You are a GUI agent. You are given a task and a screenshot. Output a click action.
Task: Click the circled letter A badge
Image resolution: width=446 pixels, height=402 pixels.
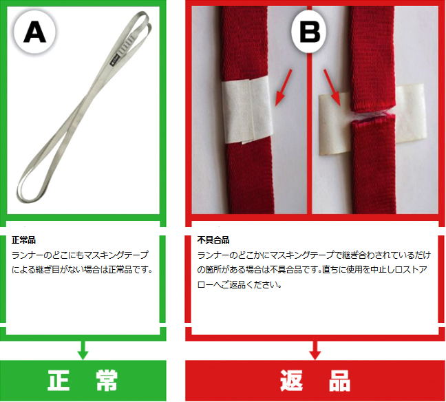coord(34,32)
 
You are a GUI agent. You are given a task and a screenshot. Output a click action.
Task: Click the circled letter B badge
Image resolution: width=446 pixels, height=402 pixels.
coord(310,32)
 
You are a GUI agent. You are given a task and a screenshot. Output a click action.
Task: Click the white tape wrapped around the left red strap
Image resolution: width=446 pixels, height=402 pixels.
coord(247,109)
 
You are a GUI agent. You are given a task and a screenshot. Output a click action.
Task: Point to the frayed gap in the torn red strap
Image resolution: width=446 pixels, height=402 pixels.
coord(372,116)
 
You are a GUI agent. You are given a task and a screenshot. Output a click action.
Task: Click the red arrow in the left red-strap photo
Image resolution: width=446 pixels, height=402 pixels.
coord(284,87)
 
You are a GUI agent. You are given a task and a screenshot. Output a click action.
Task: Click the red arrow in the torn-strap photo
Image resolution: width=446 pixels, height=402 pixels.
coord(332,87)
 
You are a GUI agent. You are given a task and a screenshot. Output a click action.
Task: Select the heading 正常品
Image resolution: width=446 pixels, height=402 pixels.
coord(23,240)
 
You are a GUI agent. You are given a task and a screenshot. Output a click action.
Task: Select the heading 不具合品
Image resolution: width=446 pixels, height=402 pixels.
coord(213,240)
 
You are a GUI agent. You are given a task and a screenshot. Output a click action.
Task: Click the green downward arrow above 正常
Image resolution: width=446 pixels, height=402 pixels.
coord(83,350)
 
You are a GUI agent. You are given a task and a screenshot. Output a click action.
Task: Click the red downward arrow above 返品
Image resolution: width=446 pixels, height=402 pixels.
coord(315,350)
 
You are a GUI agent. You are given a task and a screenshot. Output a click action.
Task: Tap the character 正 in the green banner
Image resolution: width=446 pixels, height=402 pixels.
coord(59,381)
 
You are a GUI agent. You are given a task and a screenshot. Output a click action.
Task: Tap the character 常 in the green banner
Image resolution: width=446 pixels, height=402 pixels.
coord(107,381)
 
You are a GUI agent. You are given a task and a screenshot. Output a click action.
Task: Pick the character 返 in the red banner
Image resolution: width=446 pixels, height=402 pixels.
coord(291,381)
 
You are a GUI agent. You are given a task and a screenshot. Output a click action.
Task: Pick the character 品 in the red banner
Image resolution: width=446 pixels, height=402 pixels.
coord(339,381)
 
